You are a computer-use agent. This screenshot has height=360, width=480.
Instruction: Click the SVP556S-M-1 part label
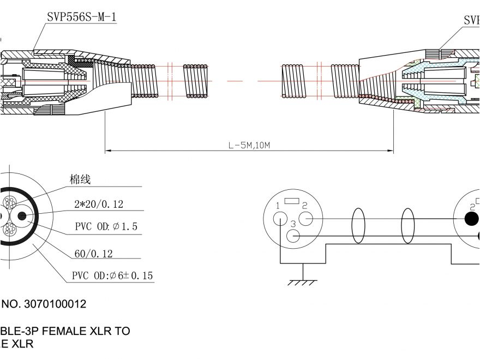tap(81, 17)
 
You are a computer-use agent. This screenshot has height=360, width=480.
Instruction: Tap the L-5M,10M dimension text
tap(249, 146)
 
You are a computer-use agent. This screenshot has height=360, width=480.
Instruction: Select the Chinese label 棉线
tap(80, 179)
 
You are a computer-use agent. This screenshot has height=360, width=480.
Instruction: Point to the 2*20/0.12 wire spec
tap(99, 205)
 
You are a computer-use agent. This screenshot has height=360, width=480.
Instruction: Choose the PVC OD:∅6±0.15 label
tap(112, 276)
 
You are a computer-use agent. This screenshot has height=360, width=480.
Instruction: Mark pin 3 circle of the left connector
tap(293, 236)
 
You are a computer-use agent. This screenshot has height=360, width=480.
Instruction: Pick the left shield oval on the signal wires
tap(358, 225)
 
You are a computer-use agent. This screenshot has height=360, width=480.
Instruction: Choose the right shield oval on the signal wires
tap(408, 225)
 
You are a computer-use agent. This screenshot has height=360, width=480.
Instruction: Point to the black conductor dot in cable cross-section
tap(22, 216)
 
